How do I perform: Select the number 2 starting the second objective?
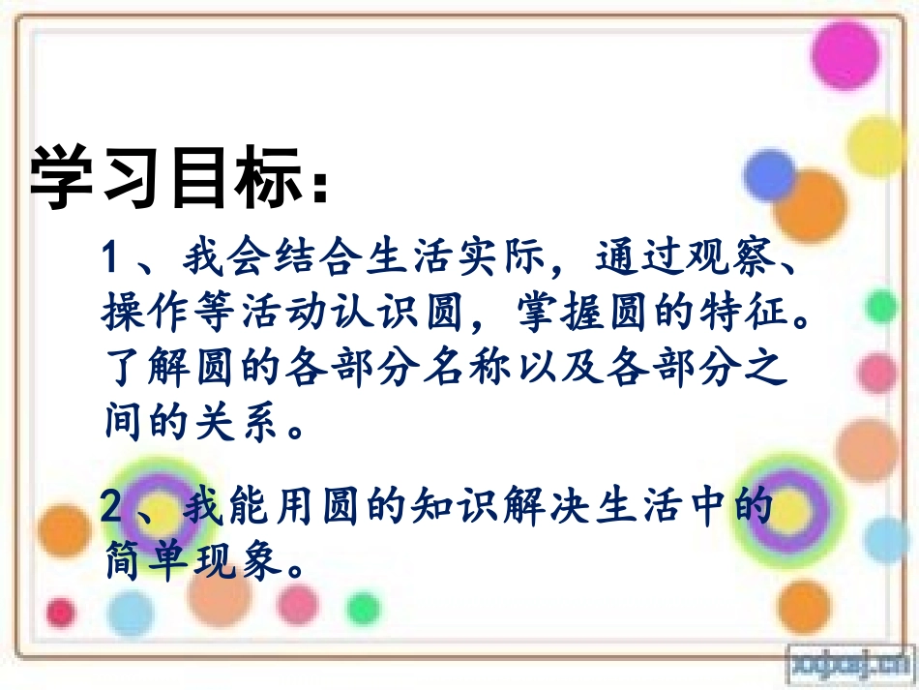[x=112, y=507]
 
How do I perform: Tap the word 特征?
[x=751, y=313]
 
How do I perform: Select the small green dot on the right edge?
[x=881, y=308]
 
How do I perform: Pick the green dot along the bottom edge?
[x=363, y=609]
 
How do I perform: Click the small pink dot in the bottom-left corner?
[x=61, y=613]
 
